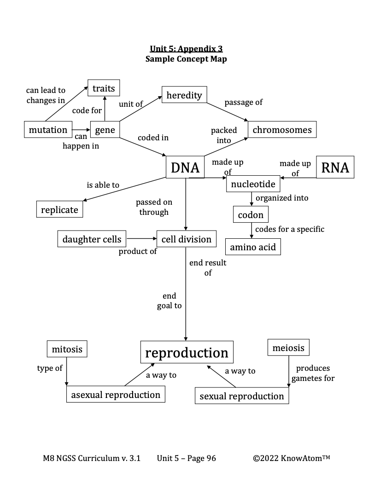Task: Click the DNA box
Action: point(185,167)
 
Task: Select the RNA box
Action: point(335,167)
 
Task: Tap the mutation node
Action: point(48,130)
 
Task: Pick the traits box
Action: point(104,88)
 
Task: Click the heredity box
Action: point(184,95)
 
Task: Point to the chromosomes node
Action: point(282,130)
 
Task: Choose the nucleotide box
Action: point(253,184)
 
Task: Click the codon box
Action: point(251,215)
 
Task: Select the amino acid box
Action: point(253,247)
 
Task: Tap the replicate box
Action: point(60,210)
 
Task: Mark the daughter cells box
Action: point(92,239)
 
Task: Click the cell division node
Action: point(187,239)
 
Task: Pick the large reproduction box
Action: point(187,353)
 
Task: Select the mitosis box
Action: point(67,349)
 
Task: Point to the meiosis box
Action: point(288,347)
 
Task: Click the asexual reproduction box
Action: point(116,395)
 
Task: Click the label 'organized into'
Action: point(282,198)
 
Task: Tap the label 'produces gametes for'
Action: point(313,373)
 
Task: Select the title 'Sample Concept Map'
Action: point(186,59)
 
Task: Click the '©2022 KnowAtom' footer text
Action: point(292,458)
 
